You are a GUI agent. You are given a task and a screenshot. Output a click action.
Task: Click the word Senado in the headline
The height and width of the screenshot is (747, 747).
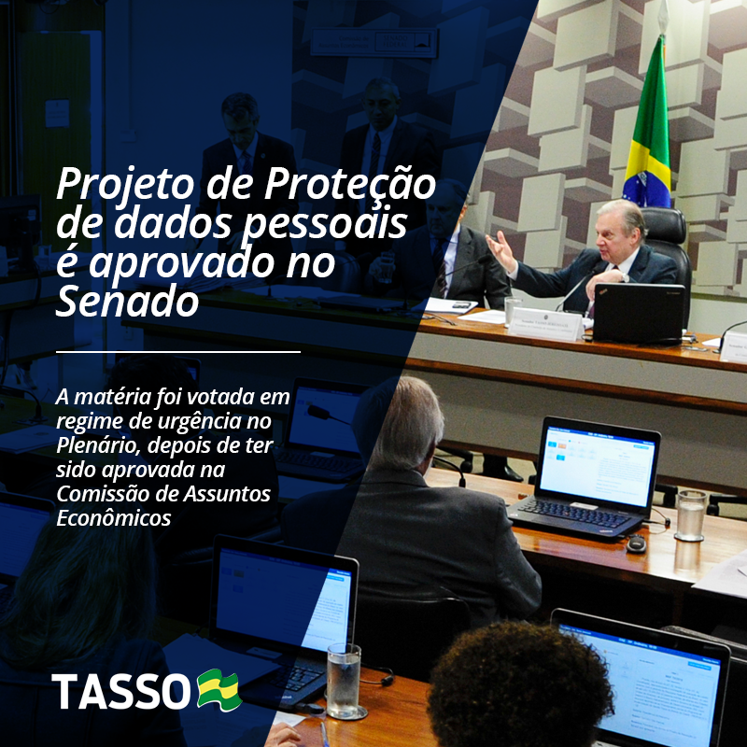(x=127, y=302)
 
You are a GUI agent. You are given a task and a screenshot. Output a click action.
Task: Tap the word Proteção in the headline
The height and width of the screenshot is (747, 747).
(x=350, y=184)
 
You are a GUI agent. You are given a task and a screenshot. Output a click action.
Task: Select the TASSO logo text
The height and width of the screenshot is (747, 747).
(x=121, y=691)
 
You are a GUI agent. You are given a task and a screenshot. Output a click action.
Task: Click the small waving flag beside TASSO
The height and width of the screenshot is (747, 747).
(x=219, y=689)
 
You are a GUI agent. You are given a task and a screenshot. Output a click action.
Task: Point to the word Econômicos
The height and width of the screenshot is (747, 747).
(x=113, y=518)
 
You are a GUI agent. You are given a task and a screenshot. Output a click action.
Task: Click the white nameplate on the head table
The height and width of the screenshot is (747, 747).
(x=546, y=323)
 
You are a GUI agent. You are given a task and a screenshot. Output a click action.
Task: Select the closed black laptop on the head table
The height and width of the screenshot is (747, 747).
(x=639, y=313)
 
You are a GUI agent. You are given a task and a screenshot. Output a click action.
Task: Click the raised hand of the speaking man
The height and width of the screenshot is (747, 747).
(x=501, y=250)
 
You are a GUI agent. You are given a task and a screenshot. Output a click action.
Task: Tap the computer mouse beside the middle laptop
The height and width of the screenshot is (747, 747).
(x=636, y=543)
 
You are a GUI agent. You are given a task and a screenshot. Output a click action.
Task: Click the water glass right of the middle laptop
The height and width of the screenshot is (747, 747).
(x=690, y=515)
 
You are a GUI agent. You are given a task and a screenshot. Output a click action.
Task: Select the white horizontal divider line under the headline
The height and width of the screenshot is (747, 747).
(x=178, y=352)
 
